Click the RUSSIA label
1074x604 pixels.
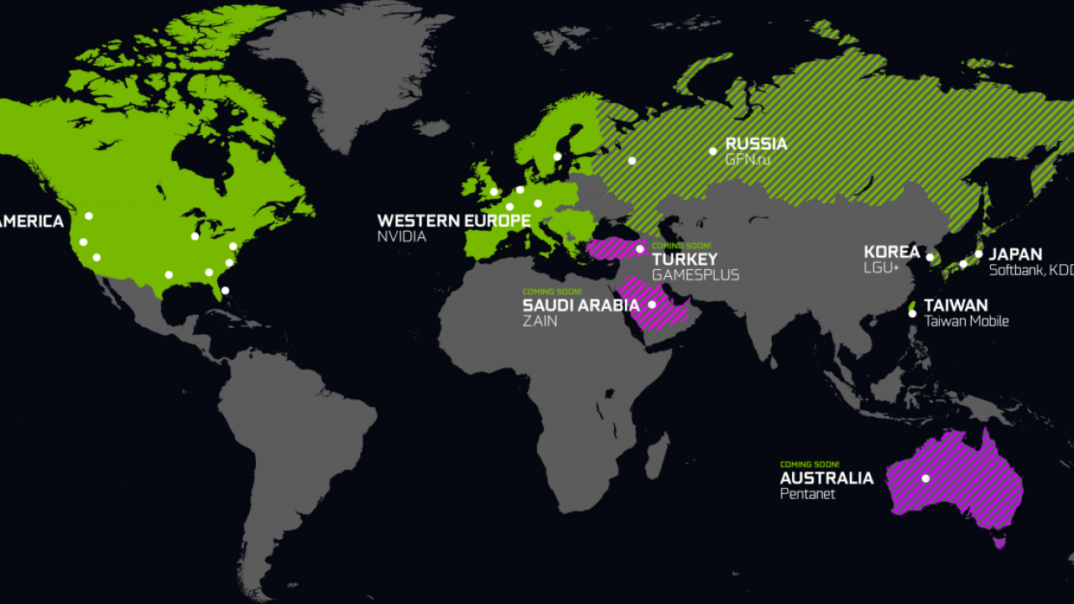(756, 143)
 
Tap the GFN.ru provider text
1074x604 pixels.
(748, 159)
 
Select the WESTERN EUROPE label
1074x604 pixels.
(453, 221)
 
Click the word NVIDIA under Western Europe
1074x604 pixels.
(402, 237)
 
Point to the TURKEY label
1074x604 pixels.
(685, 259)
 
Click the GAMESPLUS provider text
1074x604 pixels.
(696, 275)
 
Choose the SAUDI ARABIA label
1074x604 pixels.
(581, 305)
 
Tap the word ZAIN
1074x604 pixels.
(540, 321)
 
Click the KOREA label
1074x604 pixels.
(892, 253)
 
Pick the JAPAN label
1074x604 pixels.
(1015, 254)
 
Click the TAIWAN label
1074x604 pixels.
(956, 305)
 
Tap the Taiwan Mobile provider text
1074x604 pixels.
(967, 321)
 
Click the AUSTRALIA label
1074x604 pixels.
(826, 478)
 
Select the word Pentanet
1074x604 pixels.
(807, 494)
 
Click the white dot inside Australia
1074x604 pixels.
(925, 479)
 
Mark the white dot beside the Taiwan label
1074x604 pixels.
(912, 314)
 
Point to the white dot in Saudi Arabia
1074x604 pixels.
(651, 305)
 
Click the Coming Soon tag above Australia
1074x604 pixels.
(809, 464)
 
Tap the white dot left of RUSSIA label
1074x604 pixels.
(712, 151)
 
